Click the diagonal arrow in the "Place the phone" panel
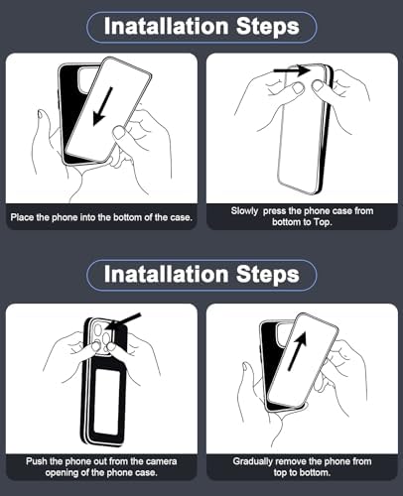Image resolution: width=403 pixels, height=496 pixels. [103, 106]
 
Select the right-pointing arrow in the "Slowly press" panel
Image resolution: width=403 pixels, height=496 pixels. [292, 70]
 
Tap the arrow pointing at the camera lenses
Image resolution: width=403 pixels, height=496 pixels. [123, 321]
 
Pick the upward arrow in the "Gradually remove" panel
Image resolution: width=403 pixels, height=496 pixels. [298, 350]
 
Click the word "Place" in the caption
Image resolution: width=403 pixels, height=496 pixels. [22, 217]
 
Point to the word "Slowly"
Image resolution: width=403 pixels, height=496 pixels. [244, 211]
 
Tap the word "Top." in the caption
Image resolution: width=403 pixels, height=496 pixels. [323, 222]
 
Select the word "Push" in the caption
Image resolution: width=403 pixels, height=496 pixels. [37, 461]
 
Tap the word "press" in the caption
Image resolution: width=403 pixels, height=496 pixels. [274, 211]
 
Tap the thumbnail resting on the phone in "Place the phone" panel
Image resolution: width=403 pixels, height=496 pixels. [118, 132]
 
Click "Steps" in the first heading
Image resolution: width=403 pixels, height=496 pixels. [268, 27]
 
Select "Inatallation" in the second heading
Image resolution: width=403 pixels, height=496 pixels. [166, 274]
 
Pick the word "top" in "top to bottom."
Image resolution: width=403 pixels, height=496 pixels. [281, 473]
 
